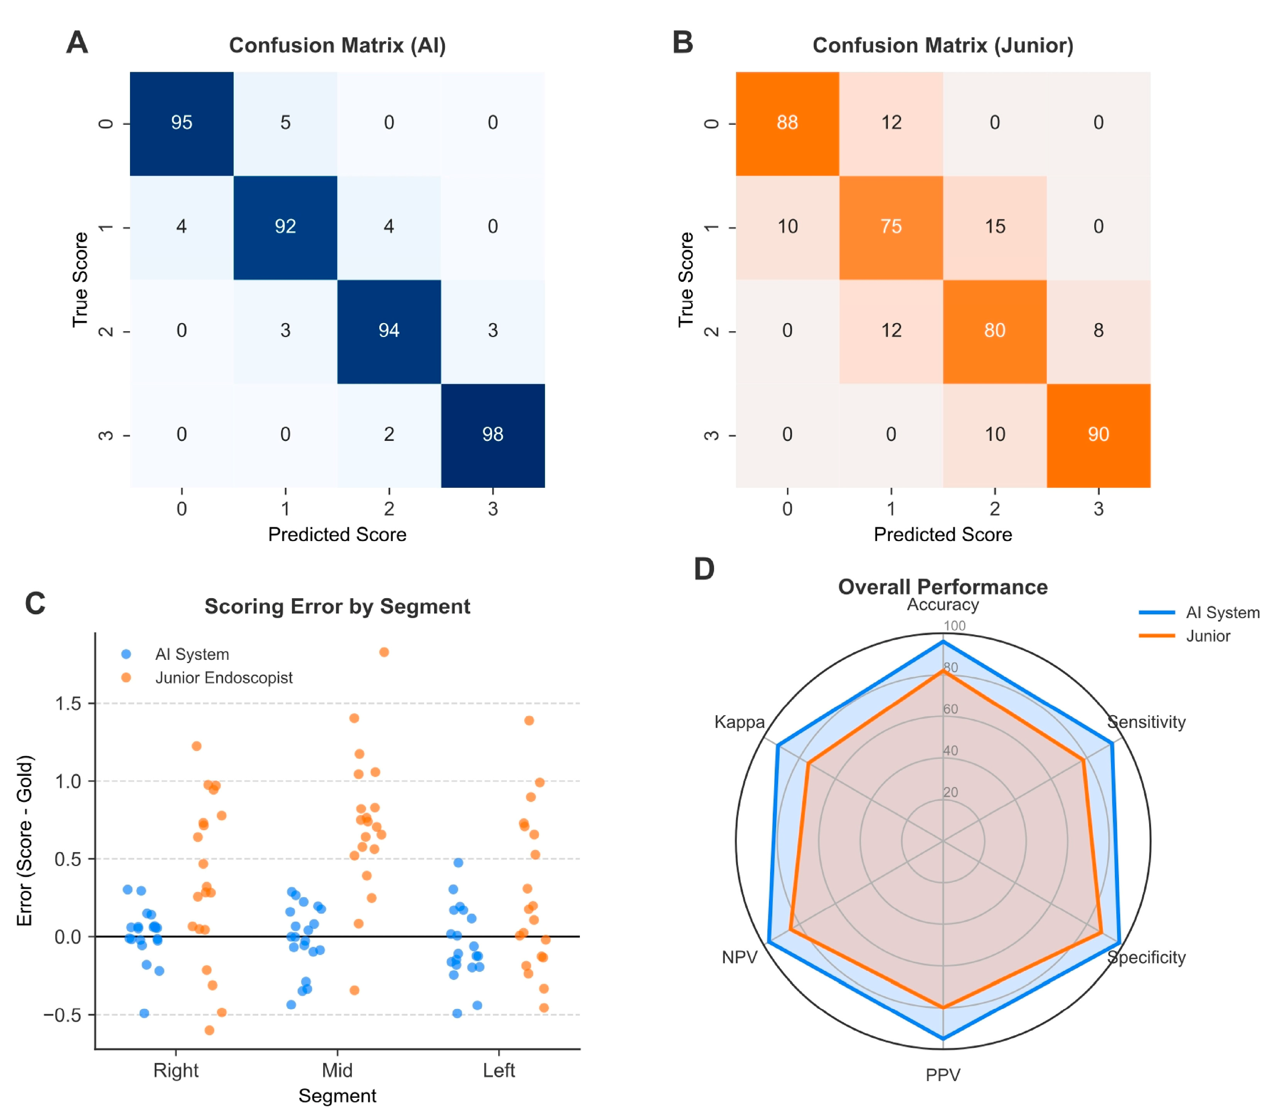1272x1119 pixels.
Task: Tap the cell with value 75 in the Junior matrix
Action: click(891, 227)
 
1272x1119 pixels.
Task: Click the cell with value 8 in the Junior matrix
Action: click(1098, 331)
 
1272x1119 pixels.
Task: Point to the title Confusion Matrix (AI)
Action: click(337, 46)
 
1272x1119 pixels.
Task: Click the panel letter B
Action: click(683, 43)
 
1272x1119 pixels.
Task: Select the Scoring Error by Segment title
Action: click(337, 606)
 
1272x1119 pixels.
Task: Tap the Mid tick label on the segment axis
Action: click(337, 1070)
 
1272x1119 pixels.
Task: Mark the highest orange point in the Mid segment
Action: click(384, 652)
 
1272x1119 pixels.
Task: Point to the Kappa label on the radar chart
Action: click(739, 722)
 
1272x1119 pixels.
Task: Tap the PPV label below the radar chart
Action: click(943, 1075)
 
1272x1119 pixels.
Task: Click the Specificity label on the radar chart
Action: click(1146, 957)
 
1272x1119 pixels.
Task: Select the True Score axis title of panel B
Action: click(686, 280)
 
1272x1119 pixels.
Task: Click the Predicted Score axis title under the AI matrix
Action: click(337, 535)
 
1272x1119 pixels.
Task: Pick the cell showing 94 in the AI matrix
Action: click(389, 331)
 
